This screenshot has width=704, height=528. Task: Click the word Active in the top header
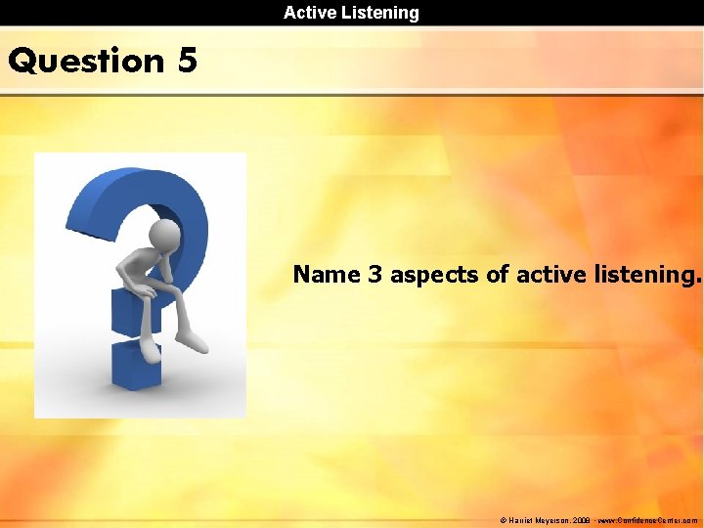click(x=309, y=13)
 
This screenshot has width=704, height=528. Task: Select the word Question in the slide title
click(x=86, y=61)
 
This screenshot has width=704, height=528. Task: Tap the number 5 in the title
click(x=188, y=61)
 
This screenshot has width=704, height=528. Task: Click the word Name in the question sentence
click(x=327, y=275)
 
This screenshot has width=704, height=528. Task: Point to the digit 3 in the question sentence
click(x=374, y=275)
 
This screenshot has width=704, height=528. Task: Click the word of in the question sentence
click(x=497, y=275)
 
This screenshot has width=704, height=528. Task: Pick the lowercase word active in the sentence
click(x=549, y=275)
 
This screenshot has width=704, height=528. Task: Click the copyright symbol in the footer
click(x=504, y=521)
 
